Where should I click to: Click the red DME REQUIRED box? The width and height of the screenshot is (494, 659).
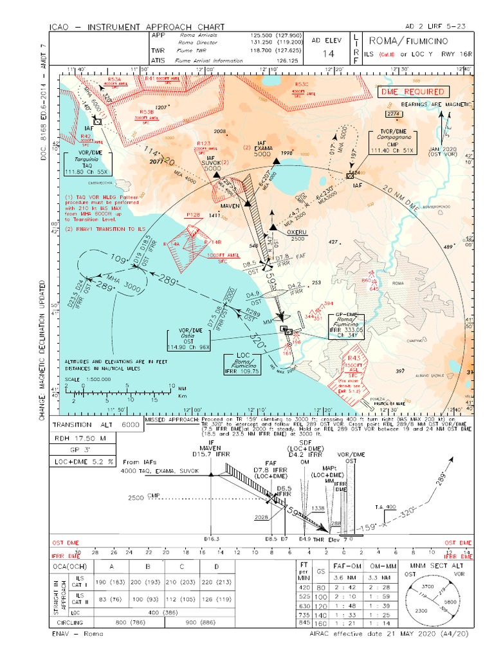point(406,91)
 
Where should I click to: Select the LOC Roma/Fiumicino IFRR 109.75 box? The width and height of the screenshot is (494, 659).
point(242,364)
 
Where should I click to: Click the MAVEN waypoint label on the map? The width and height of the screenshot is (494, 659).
point(231,205)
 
